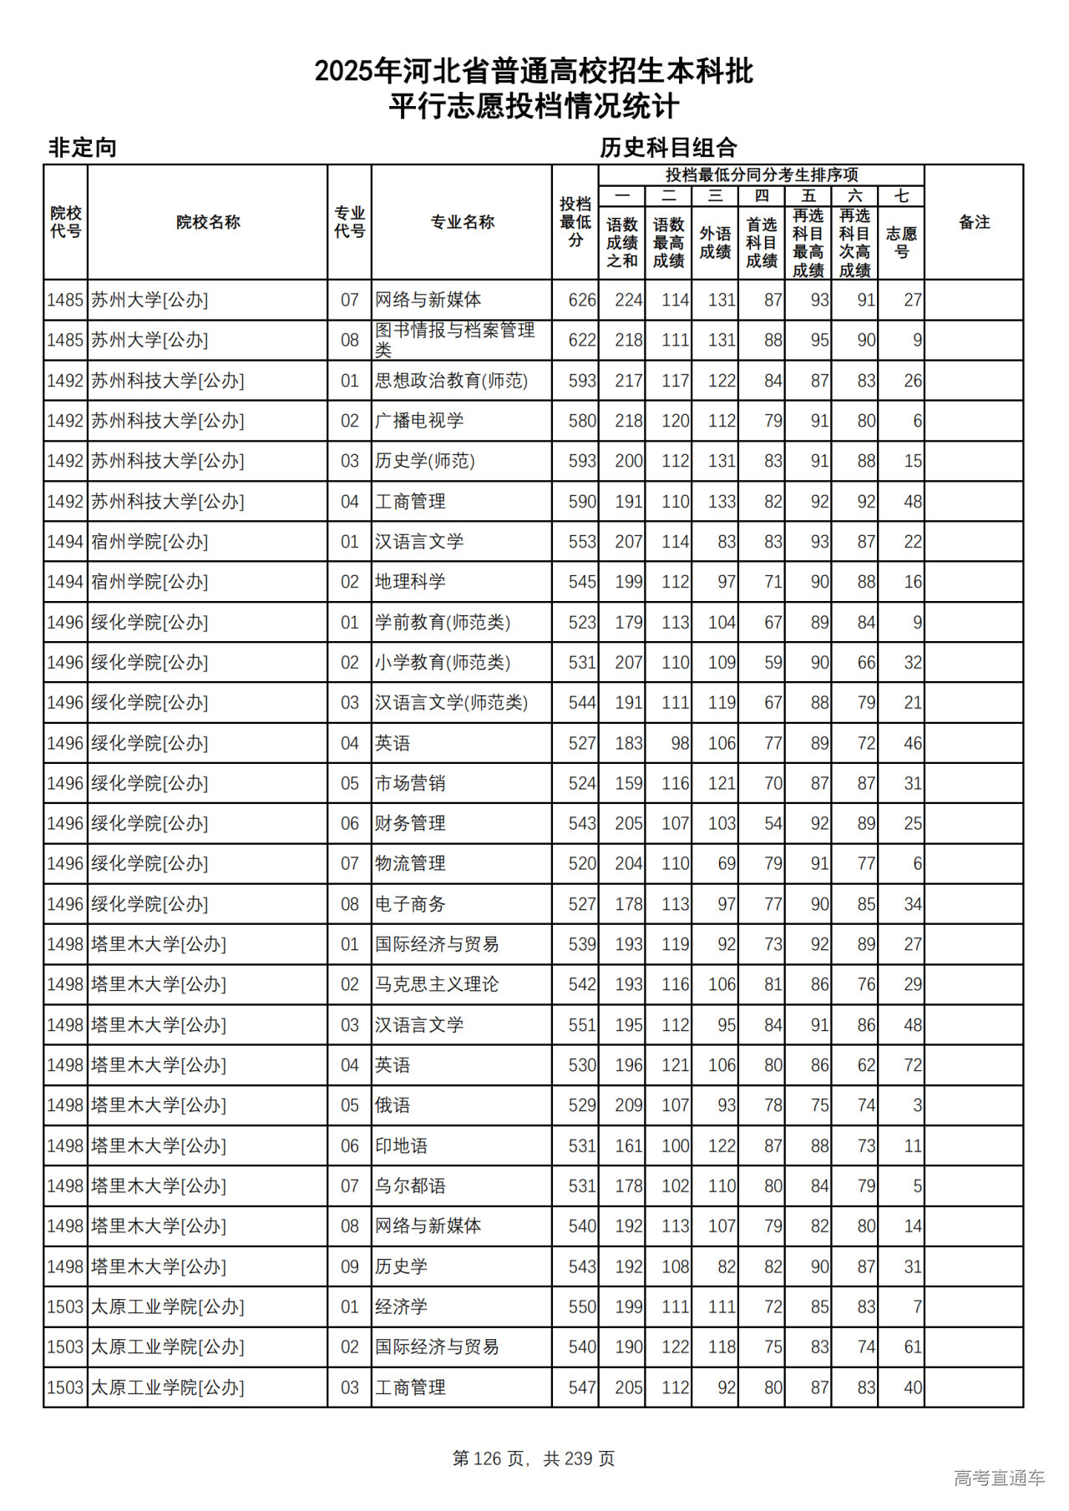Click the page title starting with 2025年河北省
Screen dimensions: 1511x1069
[534, 72]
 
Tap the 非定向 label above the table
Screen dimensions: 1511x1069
[83, 148]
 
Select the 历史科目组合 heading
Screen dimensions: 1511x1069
[668, 148]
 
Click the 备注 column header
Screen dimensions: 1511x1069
[974, 222]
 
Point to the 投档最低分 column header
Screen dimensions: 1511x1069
[575, 222]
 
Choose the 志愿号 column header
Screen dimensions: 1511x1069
[901, 242]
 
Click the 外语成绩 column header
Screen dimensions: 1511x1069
[715, 242]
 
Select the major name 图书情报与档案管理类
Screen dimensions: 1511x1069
[454, 340]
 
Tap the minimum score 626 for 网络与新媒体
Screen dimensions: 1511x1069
[581, 300]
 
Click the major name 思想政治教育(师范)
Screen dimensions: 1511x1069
[451, 381]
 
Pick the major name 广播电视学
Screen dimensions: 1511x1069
[418, 421]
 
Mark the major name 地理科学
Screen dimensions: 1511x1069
[410, 582]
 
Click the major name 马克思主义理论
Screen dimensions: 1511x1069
[437, 984]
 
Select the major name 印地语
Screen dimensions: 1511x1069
[401, 1145]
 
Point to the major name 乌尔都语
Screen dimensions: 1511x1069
[410, 1185]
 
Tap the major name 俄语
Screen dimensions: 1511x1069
[393, 1105]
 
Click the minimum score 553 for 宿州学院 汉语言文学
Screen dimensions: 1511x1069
[581, 542]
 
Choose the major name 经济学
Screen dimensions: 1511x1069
[401, 1306]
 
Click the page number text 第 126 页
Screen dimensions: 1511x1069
[489, 1458]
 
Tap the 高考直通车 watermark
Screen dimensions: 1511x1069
[999, 1478]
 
